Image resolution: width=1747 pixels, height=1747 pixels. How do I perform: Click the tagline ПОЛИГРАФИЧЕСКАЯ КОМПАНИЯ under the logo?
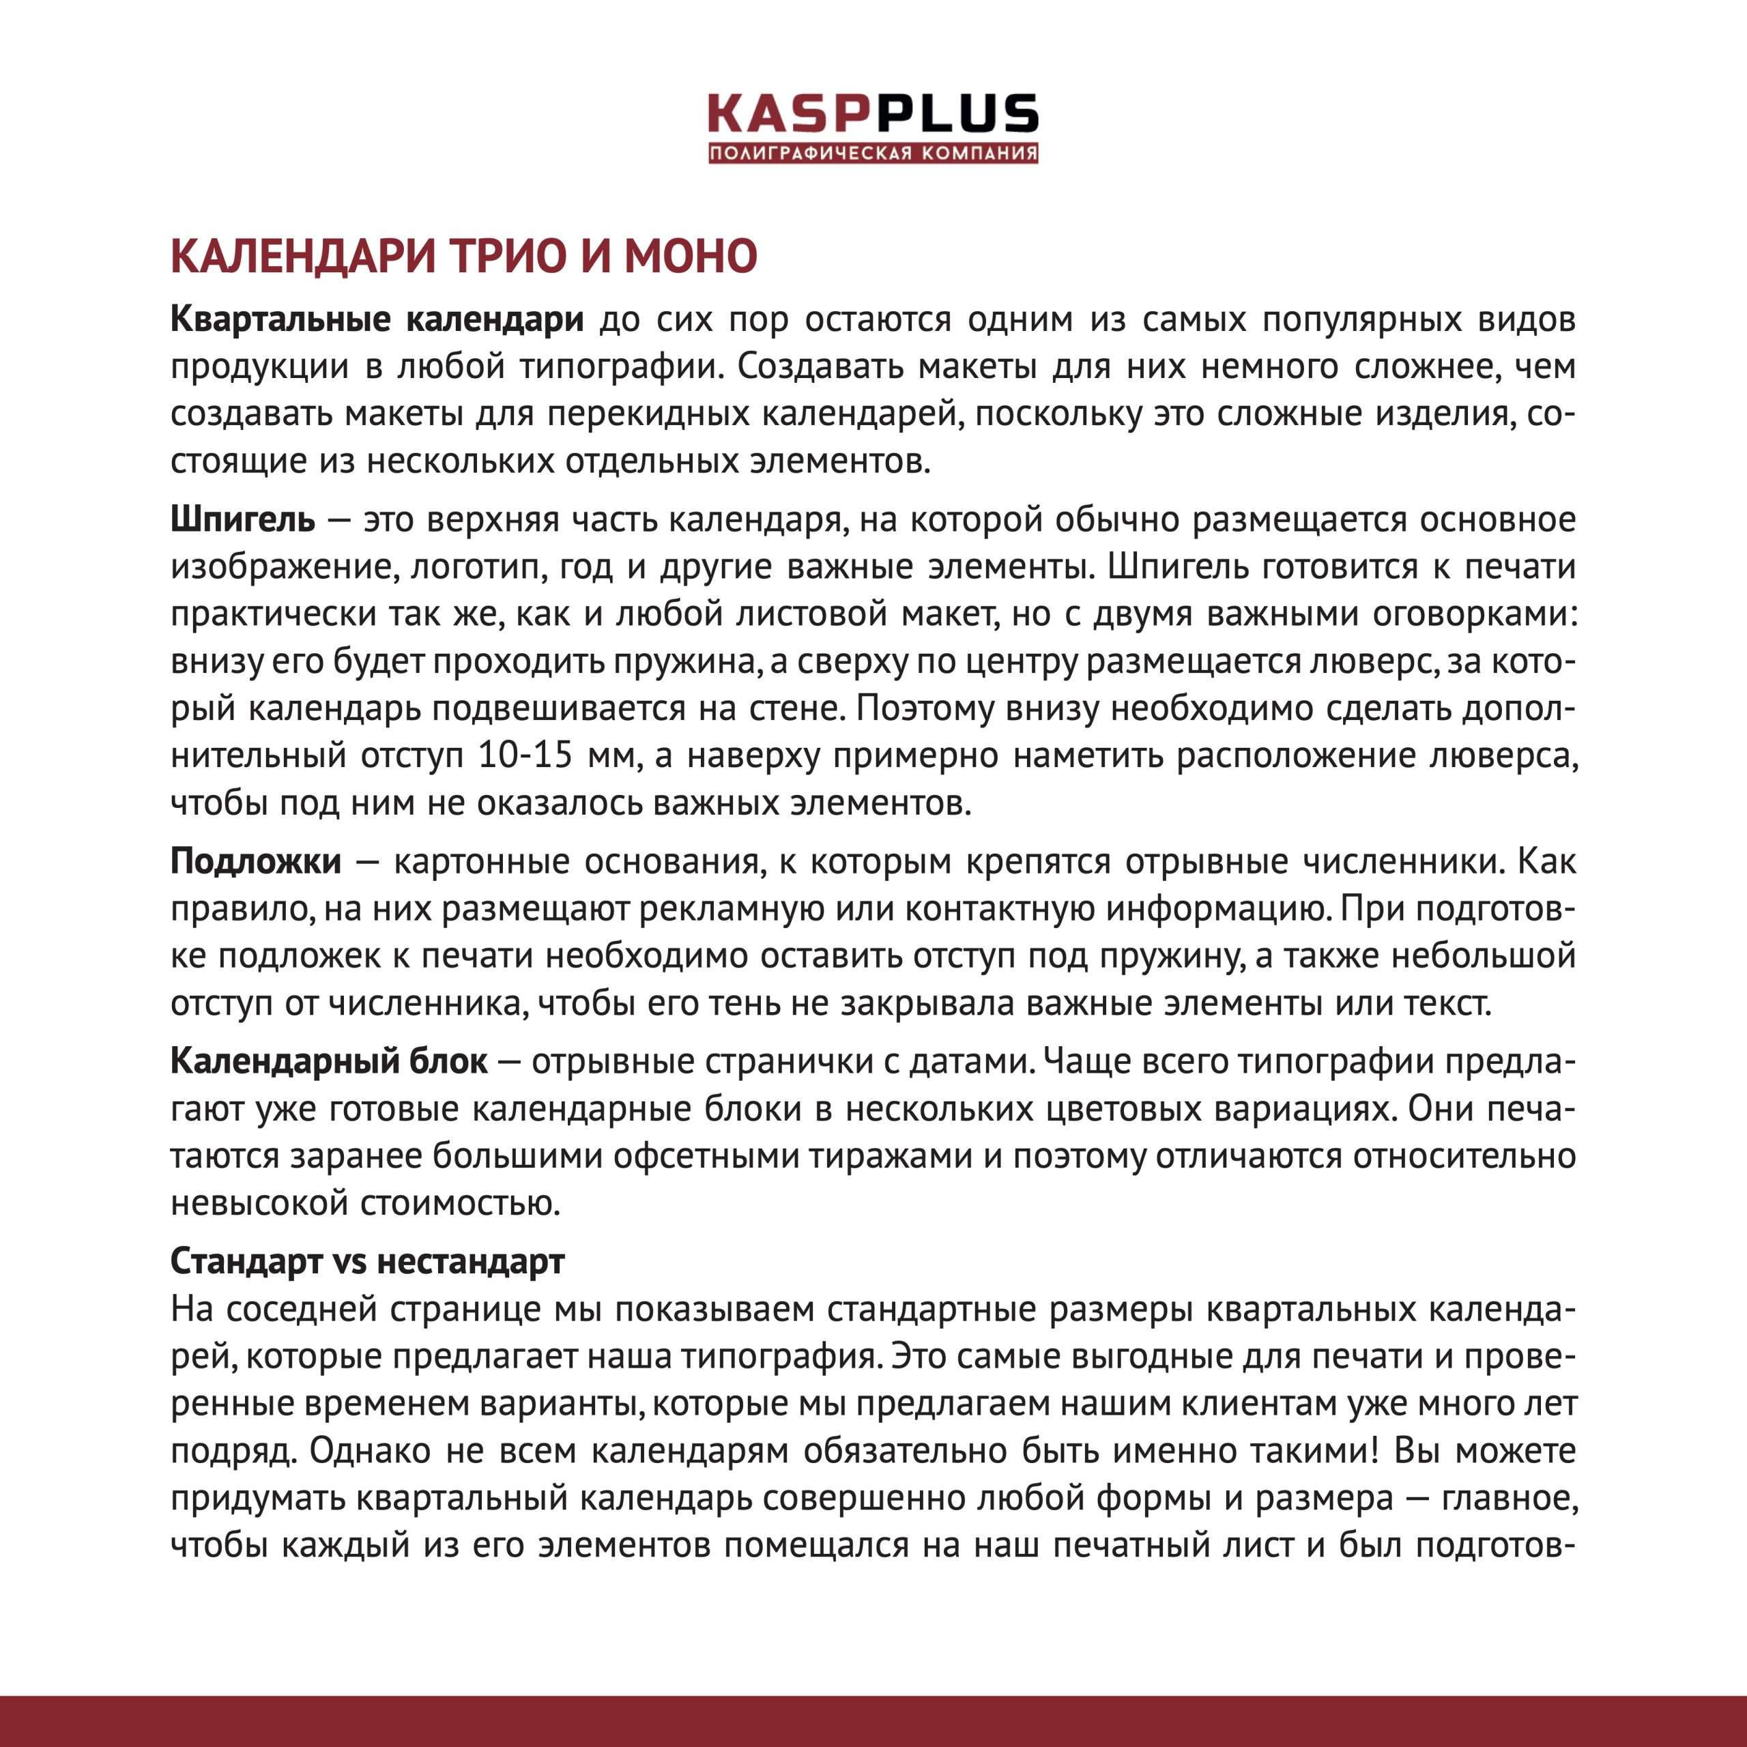click(x=873, y=153)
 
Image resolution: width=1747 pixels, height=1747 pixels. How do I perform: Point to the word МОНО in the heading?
click(x=690, y=256)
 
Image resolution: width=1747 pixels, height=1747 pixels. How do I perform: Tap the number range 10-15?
click(x=525, y=755)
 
